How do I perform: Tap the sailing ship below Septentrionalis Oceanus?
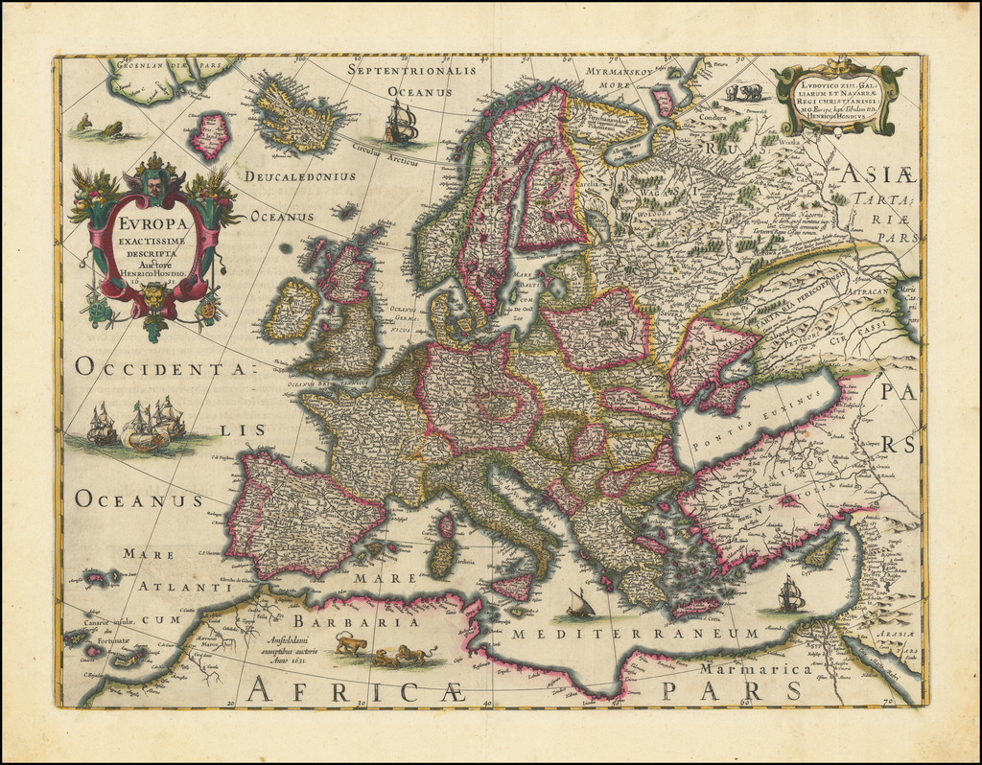point(402,123)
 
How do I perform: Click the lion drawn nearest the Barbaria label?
point(351,644)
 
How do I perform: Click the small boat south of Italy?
point(579,604)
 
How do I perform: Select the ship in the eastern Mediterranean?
point(789,594)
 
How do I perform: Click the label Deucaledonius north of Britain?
point(299,176)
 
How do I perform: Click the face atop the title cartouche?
point(153,185)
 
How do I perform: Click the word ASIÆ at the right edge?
point(881,176)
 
